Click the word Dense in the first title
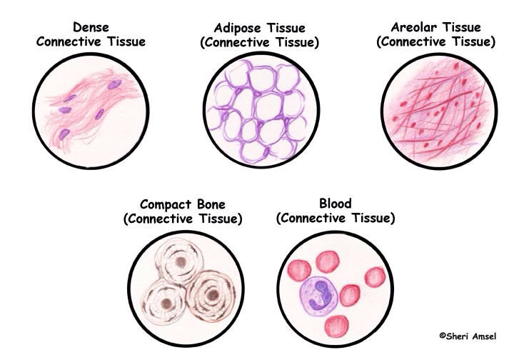click(91, 27)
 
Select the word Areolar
click(413, 27)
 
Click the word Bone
click(211, 204)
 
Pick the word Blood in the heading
click(336, 204)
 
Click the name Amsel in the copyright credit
click(483, 336)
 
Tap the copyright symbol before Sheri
click(443, 336)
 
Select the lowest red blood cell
click(337, 326)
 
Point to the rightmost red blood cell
click(375, 277)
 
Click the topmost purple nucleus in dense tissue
click(114, 84)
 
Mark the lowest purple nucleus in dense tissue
click(64, 134)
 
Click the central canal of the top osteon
click(181, 261)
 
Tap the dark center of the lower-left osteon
click(166, 304)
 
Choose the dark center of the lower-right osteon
click(213, 295)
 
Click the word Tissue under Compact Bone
click(218, 219)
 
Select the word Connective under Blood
click(313, 219)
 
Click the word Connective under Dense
click(69, 42)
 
